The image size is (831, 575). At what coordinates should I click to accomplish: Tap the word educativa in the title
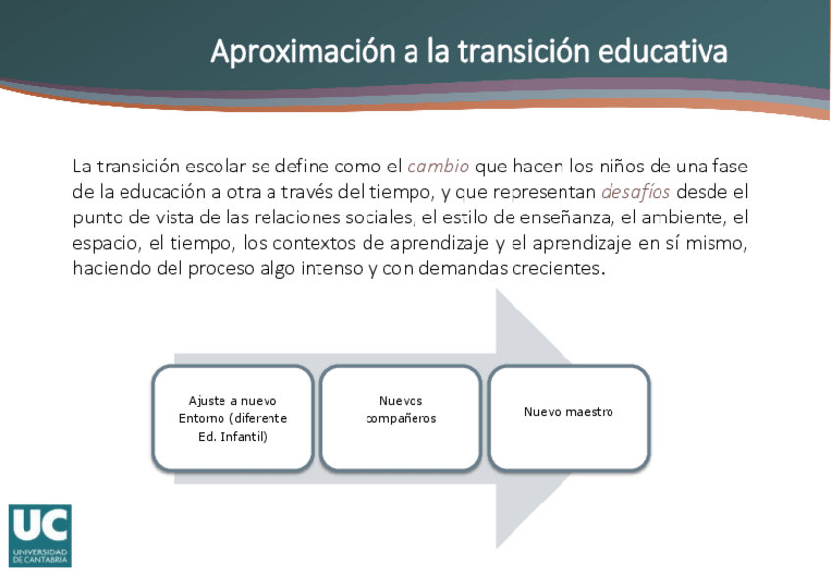[x=662, y=51]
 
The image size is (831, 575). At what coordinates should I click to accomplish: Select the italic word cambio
[x=438, y=167]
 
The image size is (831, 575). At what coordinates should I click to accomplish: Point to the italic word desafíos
[x=635, y=192]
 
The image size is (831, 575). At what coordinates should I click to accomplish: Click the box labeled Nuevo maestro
[x=568, y=417]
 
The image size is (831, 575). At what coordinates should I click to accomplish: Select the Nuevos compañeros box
[x=401, y=417]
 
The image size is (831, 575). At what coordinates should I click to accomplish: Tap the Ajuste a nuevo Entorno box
[x=232, y=417]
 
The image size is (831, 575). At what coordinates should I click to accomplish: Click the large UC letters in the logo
[x=40, y=525]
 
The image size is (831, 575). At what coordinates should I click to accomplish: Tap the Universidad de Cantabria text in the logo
[x=40, y=556]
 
